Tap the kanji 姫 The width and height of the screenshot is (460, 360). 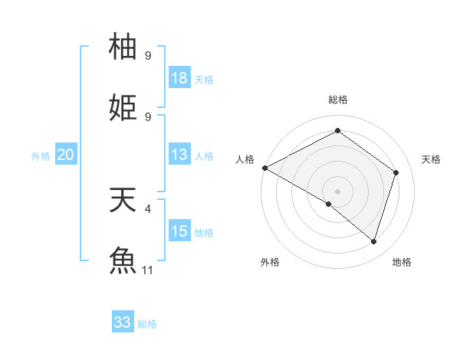pos(123,107)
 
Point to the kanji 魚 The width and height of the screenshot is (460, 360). pos(123,260)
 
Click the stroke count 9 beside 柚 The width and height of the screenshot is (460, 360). pos(148,55)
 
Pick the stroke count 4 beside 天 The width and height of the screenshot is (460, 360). pos(148,208)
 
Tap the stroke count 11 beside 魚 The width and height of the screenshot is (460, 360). pos(148,270)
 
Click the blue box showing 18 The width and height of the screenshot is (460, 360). pos(179,77)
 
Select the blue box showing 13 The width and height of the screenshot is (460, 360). pos(179,155)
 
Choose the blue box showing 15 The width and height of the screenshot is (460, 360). pos(179,231)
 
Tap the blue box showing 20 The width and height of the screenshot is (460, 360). pos(65,155)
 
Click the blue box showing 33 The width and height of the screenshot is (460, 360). pos(123,322)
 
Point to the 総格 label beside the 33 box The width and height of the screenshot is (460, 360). pos(147,324)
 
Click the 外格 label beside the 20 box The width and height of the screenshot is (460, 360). pos(41,156)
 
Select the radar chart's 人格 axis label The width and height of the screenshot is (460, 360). pos(245,159)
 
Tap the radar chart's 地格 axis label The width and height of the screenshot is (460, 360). pos(402,262)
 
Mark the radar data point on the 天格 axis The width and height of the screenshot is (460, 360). pos(396,172)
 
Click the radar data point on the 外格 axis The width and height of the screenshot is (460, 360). pos(329,204)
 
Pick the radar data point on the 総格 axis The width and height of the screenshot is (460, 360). pos(337,130)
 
